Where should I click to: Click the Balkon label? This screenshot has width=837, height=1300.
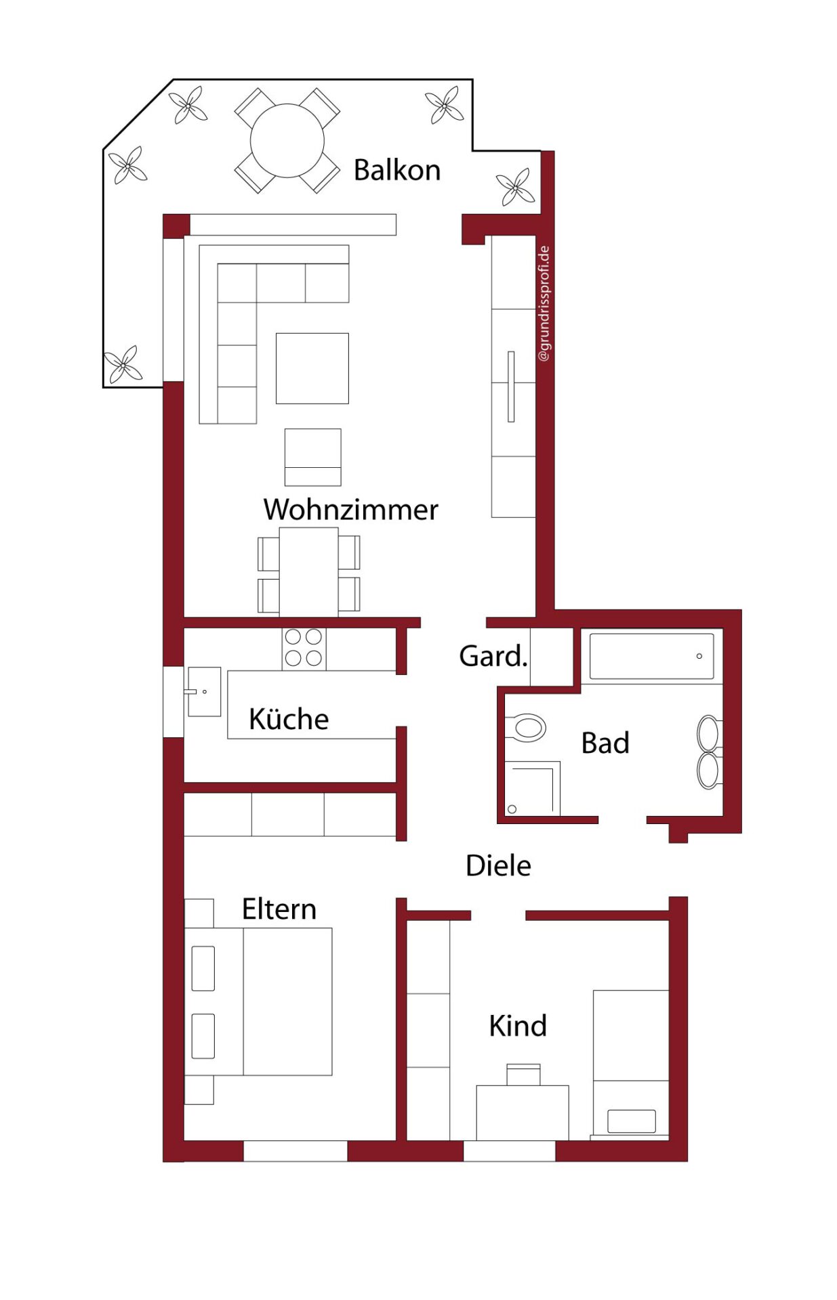coord(396,170)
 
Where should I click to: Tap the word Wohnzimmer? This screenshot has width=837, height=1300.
coord(350,509)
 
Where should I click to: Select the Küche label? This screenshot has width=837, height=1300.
coord(289,718)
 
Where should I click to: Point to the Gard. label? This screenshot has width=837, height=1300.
coord(493,655)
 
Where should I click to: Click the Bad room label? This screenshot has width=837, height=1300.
coord(605,743)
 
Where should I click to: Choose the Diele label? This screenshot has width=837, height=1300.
coord(498,865)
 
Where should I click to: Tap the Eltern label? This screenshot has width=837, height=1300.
coord(279,909)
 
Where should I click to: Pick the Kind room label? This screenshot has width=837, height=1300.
coord(518,1026)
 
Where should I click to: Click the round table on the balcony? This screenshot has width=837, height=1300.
coord(287,141)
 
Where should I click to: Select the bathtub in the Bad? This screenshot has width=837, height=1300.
coord(651,655)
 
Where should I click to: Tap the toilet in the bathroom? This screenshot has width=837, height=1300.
coord(526,728)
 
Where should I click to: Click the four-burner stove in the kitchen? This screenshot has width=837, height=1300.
coord(304,649)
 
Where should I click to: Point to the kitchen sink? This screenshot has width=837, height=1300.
coord(204,691)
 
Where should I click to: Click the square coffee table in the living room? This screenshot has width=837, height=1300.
coord(312,368)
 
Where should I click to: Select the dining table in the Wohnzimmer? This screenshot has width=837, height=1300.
coord(308,572)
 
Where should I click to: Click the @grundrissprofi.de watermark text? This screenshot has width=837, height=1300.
coord(544,303)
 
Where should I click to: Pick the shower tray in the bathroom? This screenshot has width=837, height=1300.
coord(533,788)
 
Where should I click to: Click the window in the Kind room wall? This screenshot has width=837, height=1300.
coord(509,1151)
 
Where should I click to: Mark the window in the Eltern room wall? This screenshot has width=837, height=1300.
coord(295,1151)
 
